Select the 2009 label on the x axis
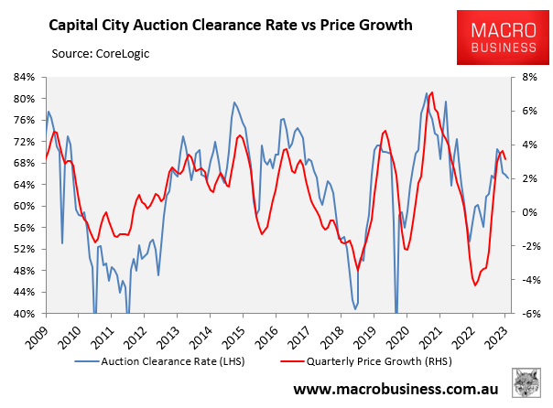click(37, 333)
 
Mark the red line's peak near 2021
click(431, 92)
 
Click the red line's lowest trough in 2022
click(475, 285)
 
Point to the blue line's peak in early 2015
click(234, 102)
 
